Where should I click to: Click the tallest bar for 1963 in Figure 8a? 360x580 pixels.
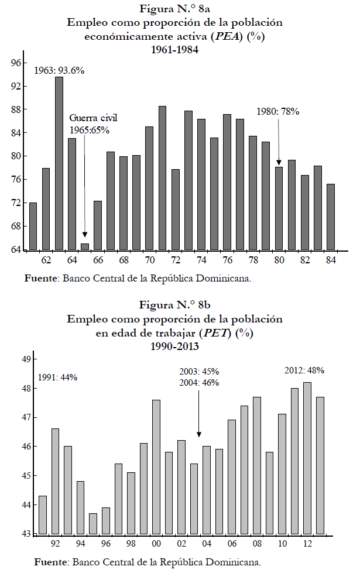(x=59, y=164)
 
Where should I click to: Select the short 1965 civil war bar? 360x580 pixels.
(x=85, y=246)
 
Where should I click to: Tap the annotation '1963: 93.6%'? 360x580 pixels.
(x=59, y=70)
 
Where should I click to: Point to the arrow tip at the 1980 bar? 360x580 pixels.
(x=279, y=164)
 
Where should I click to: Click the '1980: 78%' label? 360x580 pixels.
(x=279, y=111)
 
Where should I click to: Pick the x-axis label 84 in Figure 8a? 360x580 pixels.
(x=331, y=260)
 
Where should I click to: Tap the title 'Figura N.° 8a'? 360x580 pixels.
(x=174, y=10)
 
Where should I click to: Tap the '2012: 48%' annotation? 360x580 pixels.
(x=304, y=370)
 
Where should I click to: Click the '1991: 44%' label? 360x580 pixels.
(x=57, y=377)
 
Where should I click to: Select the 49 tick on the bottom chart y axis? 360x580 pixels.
(x=25, y=359)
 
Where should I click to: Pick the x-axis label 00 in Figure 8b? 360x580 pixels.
(x=156, y=544)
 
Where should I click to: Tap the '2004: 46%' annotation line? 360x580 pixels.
(x=199, y=383)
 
